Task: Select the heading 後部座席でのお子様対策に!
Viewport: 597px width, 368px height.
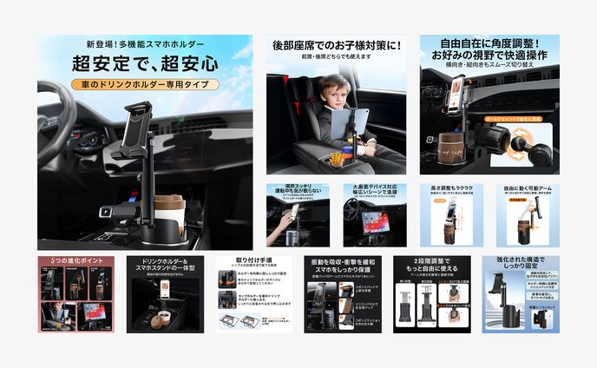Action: tap(338, 45)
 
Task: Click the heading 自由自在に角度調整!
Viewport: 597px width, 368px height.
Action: tap(489, 43)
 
